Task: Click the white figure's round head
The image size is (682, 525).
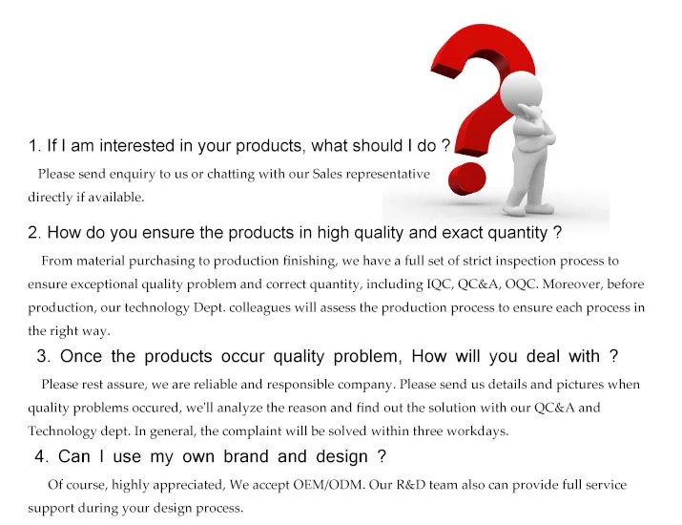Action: click(521, 93)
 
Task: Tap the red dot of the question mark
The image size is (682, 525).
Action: click(466, 178)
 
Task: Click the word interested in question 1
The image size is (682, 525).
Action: click(137, 145)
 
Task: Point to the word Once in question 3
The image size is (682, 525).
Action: click(81, 356)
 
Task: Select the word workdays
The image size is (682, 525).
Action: click(478, 431)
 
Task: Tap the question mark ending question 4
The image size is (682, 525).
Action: click(382, 456)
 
